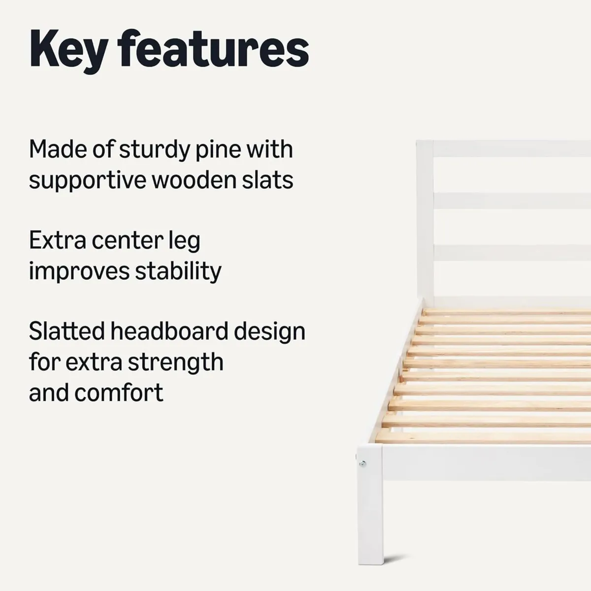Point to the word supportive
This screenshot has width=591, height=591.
click(x=86, y=181)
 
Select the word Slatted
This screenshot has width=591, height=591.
click(x=66, y=331)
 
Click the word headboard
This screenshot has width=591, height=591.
click(x=169, y=331)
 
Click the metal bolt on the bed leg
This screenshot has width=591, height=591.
click(x=363, y=463)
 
